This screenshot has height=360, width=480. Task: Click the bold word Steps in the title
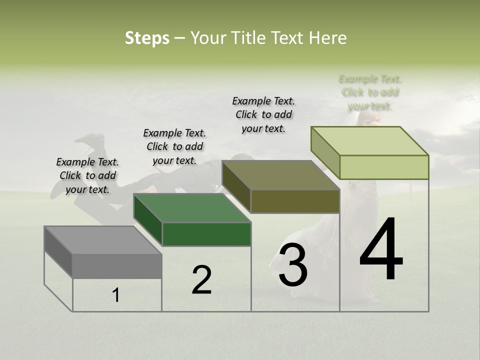(147, 38)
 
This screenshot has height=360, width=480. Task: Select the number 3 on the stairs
(293, 265)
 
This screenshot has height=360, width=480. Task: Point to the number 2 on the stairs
(202, 280)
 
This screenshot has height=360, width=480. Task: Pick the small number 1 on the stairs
(116, 295)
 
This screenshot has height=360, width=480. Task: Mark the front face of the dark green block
(206, 234)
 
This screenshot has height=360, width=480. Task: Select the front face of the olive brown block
(295, 201)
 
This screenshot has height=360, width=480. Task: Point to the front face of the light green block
(384, 167)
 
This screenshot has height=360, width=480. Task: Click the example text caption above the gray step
(87, 175)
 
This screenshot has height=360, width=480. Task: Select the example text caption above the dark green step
(174, 146)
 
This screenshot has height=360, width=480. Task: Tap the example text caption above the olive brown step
(263, 114)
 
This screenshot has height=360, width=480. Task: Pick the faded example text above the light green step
(370, 92)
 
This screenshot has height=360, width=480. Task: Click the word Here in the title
(328, 38)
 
